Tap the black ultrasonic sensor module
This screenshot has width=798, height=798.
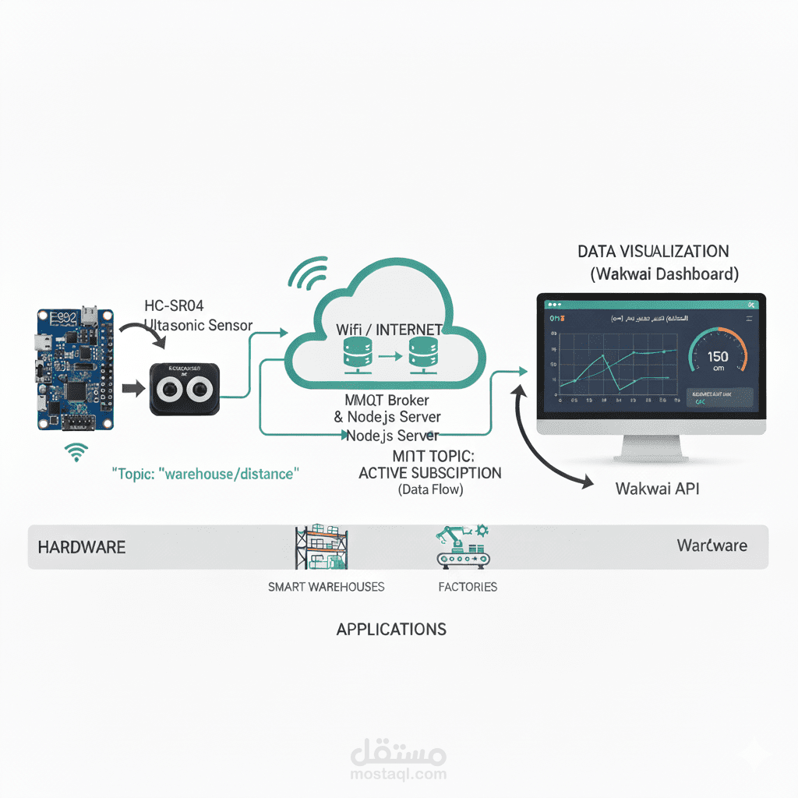185,389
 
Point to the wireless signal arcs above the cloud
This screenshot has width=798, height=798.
309,275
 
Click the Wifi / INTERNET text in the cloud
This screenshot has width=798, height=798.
389,330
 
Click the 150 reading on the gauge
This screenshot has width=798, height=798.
718,357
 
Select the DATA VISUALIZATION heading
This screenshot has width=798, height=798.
653,252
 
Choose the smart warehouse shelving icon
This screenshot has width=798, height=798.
321,547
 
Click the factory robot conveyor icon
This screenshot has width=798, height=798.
462,546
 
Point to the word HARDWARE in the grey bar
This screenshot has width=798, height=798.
82,547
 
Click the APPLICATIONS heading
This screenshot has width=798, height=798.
391,629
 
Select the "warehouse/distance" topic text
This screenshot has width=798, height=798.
206,474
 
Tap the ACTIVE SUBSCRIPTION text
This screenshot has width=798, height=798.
430,473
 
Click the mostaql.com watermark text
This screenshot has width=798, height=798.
398,774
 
